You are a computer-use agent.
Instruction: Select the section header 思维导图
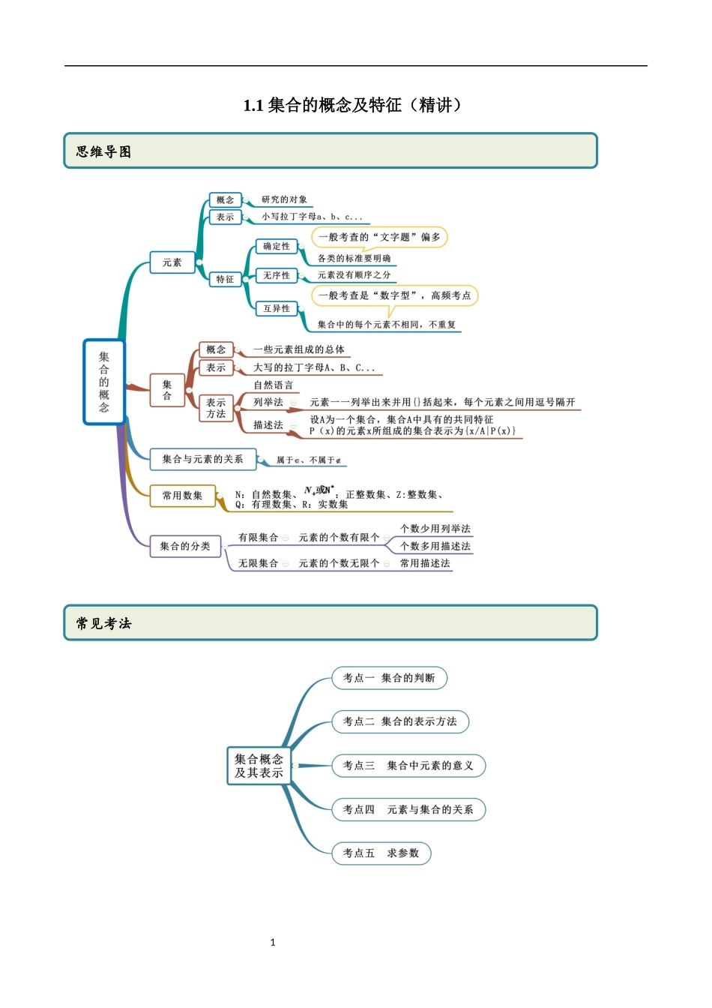(103, 151)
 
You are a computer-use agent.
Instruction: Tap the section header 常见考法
(103, 623)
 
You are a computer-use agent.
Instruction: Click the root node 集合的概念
(103, 382)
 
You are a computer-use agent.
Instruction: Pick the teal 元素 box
(172, 262)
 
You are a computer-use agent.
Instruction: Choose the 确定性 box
(276, 246)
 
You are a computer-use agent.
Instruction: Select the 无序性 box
(276, 275)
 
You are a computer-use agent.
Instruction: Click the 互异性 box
(276, 308)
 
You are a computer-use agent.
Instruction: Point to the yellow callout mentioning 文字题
(379, 237)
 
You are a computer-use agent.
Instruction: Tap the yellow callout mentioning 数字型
(394, 295)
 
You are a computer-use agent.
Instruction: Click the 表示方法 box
(216, 408)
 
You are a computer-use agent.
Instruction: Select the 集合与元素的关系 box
(202, 459)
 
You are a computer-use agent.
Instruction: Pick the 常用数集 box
(182, 496)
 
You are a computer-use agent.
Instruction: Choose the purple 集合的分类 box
(184, 546)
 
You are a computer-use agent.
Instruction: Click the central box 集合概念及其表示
(259, 766)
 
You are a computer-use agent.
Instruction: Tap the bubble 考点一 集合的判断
(389, 678)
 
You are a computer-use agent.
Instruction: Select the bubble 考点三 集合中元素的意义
(408, 766)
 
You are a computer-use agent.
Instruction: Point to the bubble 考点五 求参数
(381, 853)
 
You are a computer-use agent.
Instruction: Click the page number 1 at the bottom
(273, 942)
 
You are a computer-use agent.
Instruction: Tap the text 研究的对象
(284, 199)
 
